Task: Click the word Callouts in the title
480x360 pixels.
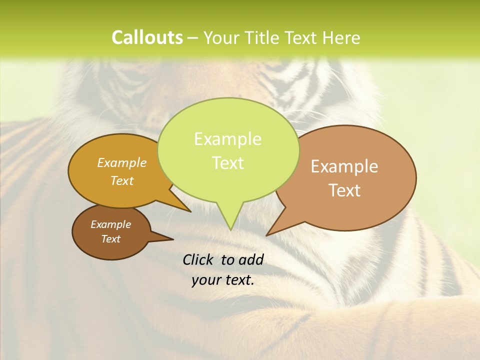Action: [147, 37]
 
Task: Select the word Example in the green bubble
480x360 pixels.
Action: [227, 139]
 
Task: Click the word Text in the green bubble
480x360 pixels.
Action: [227, 163]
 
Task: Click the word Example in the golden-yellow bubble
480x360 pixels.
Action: [122, 162]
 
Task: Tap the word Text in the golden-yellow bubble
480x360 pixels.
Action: [122, 180]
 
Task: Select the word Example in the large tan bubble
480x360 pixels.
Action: [344, 166]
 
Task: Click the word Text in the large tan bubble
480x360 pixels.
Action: [344, 190]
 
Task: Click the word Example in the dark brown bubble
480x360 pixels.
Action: [110, 224]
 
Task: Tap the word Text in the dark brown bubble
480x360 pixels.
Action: [110, 239]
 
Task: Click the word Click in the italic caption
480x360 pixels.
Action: [198, 259]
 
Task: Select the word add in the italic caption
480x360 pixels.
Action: [251, 259]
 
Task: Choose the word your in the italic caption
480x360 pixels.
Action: [206, 280]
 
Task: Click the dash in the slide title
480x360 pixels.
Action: [193, 38]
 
